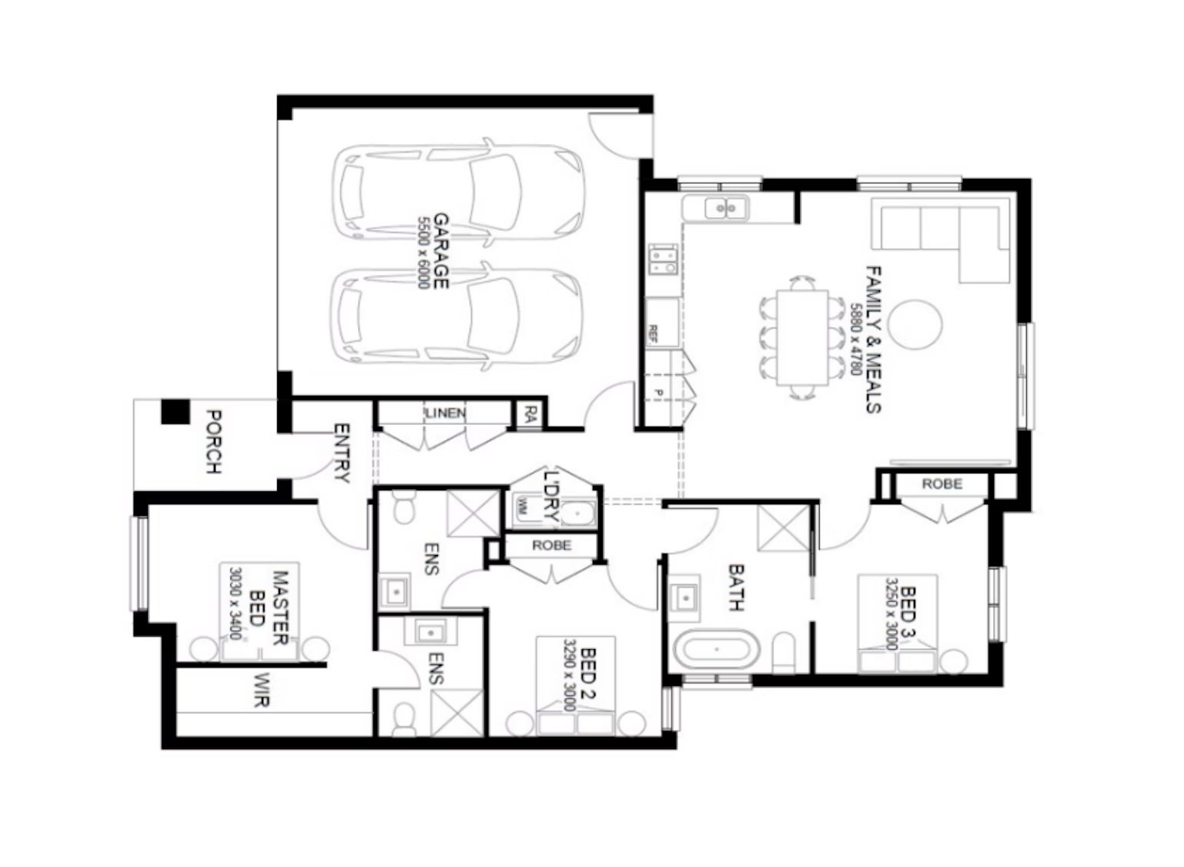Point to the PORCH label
[x=214, y=442]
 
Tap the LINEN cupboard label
[x=445, y=413]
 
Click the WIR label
[x=261, y=690]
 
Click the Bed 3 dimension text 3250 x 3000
[x=892, y=614]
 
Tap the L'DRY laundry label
[x=552, y=499]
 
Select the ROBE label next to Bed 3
[x=942, y=484]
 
